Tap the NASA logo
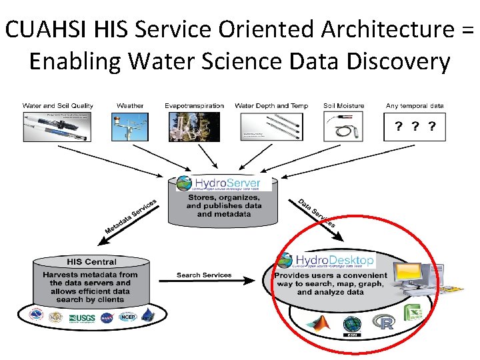pyautogui.click(x=107, y=317)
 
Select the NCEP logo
pyautogui.click(x=127, y=317)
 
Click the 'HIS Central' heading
pyautogui.click(x=91, y=261)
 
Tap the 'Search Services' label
pyautogui.click(x=204, y=275)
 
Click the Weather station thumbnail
pyautogui.click(x=130, y=125)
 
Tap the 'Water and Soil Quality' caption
pyautogui.click(x=58, y=105)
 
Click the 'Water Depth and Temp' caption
pyautogui.click(x=271, y=105)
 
